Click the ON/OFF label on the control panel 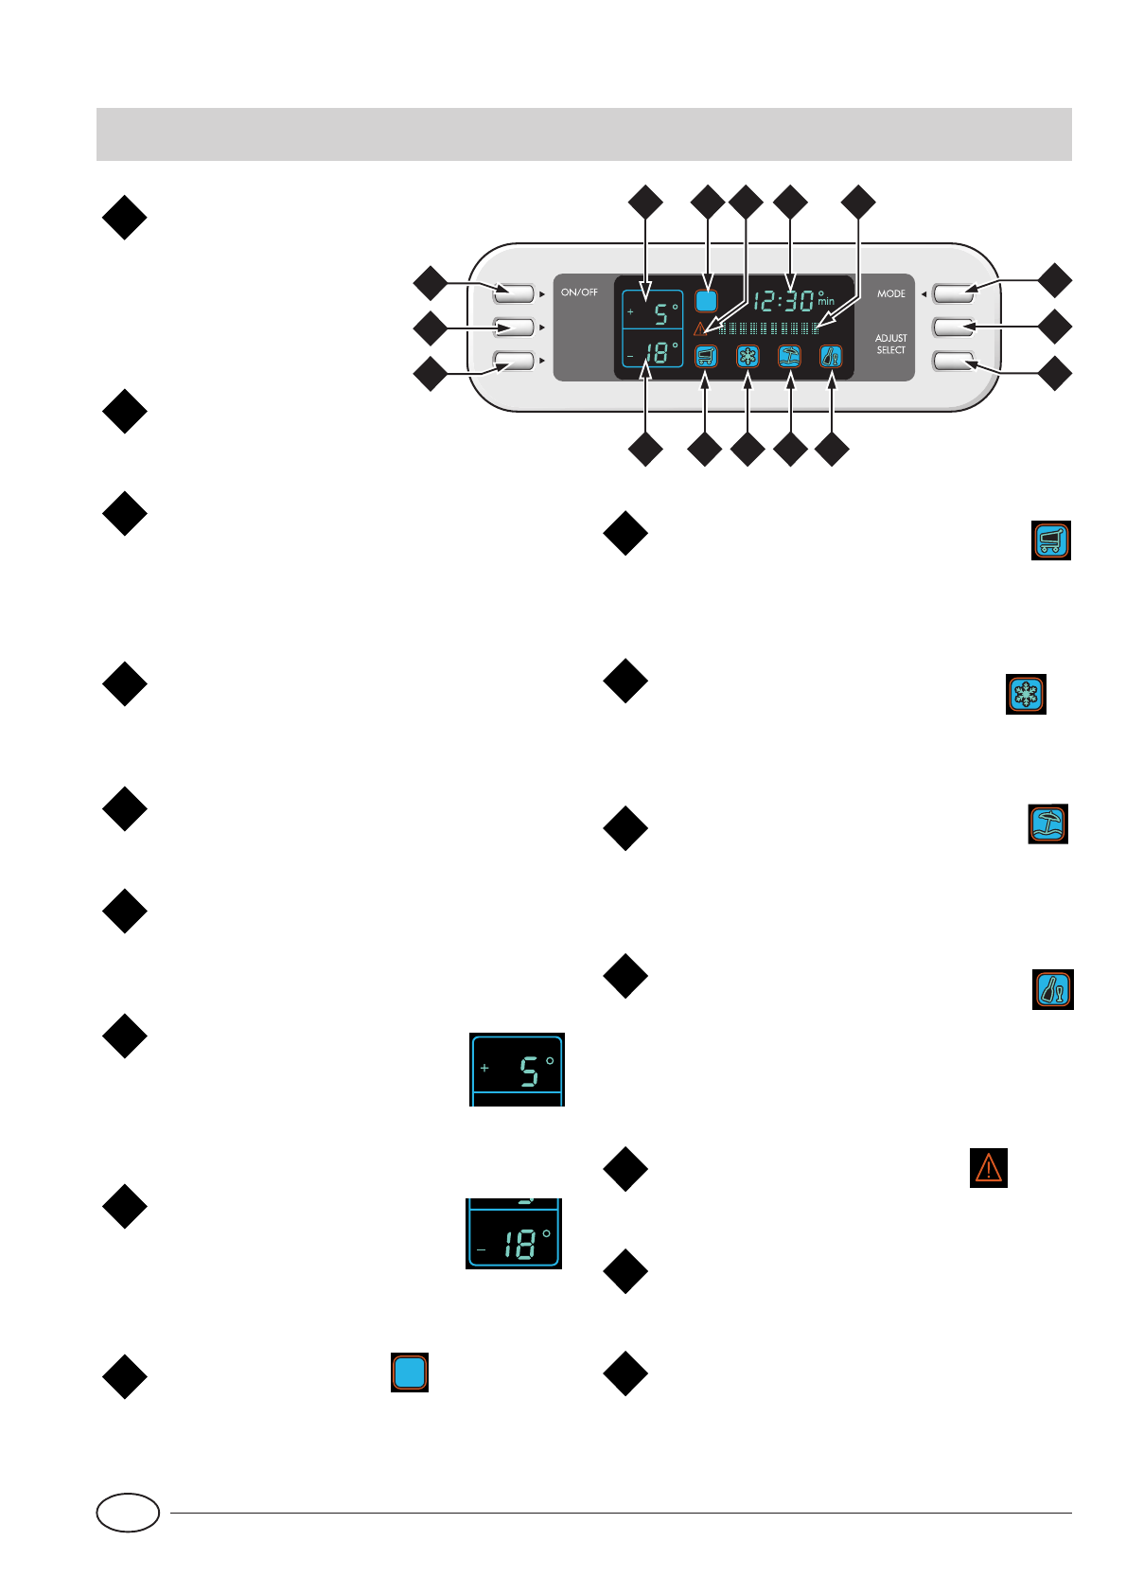tap(579, 292)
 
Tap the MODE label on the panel tap(890, 293)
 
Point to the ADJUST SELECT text tap(890, 344)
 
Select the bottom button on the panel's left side tap(513, 361)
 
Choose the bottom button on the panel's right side tap(953, 361)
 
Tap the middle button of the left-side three tap(513, 327)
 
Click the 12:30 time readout tap(784, 301)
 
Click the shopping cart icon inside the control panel tap(706, 357)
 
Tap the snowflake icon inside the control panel tap(748, 357)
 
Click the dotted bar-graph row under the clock tap(768, 328)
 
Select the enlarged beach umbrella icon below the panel tap(1048, 824)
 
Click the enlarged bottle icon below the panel tap(1052, 990)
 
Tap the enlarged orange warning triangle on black tap(988, 1167)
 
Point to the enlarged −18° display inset tap(514, 1234)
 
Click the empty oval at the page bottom tap(128, 1513)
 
